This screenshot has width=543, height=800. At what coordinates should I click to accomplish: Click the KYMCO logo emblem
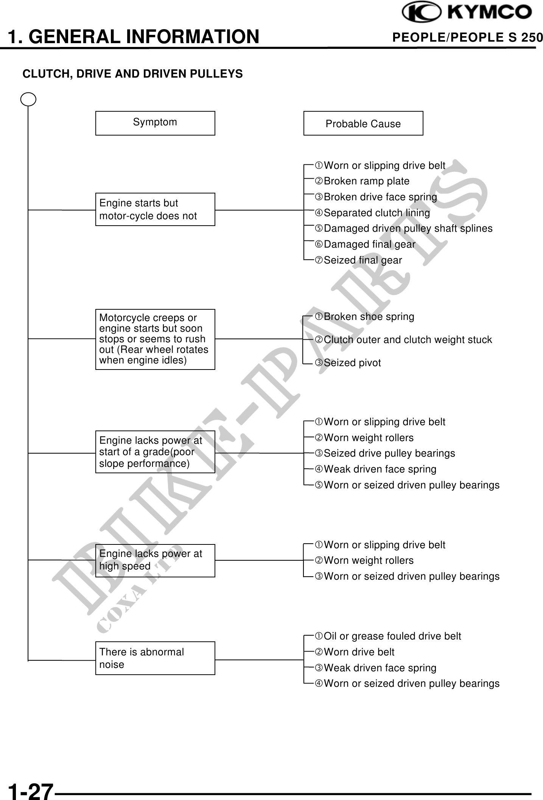pyautogui.click(x=421, y=12)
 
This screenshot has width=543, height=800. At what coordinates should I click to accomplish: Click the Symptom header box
pyautogui.click(x=155, y=123)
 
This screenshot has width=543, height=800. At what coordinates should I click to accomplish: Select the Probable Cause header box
pyautogui.click(x=363, y=123)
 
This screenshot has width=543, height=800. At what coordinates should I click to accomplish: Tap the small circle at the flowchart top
pyautogui.click(x=28, y=100)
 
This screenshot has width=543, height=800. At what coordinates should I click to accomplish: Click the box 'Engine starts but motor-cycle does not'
pyautogui.click(x=155, y=209)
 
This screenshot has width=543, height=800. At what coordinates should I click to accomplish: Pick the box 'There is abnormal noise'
pyautogui.click(x=155, y=658)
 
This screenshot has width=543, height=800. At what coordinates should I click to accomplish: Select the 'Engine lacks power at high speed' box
pyautogui.click(x=155, y=560)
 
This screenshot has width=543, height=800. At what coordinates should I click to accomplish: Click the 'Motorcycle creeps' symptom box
pyautogui.click(x=155, y=339)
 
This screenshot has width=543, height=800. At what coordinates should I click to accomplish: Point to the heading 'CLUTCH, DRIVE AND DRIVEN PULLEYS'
pyautogui.click(x=132, y=74)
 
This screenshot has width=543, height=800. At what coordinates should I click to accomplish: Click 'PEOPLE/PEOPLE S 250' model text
pyautogui.click(x=467, y=37)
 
